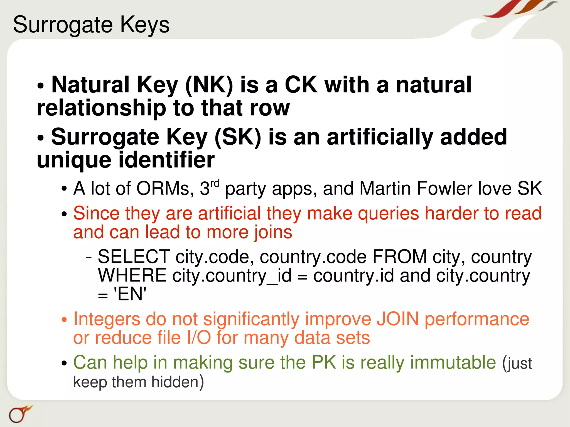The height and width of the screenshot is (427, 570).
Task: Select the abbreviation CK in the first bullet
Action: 301,85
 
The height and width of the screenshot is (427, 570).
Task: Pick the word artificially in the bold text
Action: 380,137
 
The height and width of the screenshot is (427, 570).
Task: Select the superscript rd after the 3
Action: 215,184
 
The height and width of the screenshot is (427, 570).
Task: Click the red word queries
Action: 389,213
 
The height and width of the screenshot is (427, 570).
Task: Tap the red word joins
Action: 273,232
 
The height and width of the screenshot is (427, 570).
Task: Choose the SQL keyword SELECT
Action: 134,256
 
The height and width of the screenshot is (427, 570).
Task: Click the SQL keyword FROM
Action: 399,256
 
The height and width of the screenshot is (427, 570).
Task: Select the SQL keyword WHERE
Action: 132,275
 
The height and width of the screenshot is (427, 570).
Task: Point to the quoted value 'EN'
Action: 130,294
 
